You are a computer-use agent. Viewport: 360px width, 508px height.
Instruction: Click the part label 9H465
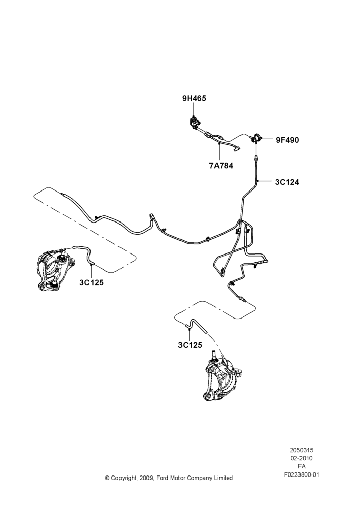tap(194, 98)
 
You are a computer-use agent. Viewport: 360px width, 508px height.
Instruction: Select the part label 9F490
tap(287, 140)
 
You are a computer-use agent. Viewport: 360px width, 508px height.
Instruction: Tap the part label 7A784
tap(221, 166)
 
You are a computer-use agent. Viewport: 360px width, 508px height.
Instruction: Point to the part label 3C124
tap(287, 182)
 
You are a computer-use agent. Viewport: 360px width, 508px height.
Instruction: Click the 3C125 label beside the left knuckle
tap(92, 283)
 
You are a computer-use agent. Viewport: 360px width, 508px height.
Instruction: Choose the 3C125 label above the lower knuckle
tap(190, 345)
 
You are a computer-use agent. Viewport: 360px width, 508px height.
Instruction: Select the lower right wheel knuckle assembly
tap(223, 376)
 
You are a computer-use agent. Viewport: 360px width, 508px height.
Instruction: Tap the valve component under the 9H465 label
tap(194, 122)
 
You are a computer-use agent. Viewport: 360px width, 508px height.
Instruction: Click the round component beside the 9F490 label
tap(257, 138)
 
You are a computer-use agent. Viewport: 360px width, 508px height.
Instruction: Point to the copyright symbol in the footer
tap(107, 478)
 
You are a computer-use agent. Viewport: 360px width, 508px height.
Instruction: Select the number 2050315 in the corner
tap(302, 450)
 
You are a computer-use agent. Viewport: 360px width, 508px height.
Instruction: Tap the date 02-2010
tap(302, 458)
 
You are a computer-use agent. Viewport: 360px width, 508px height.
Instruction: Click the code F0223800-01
tap(302, 474)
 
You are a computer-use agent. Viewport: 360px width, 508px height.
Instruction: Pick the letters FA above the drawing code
tap(302, 466)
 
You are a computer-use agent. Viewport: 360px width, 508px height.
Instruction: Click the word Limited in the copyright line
tap(223, 478)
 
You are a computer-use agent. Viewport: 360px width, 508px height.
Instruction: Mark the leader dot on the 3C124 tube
tap(257, 181)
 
